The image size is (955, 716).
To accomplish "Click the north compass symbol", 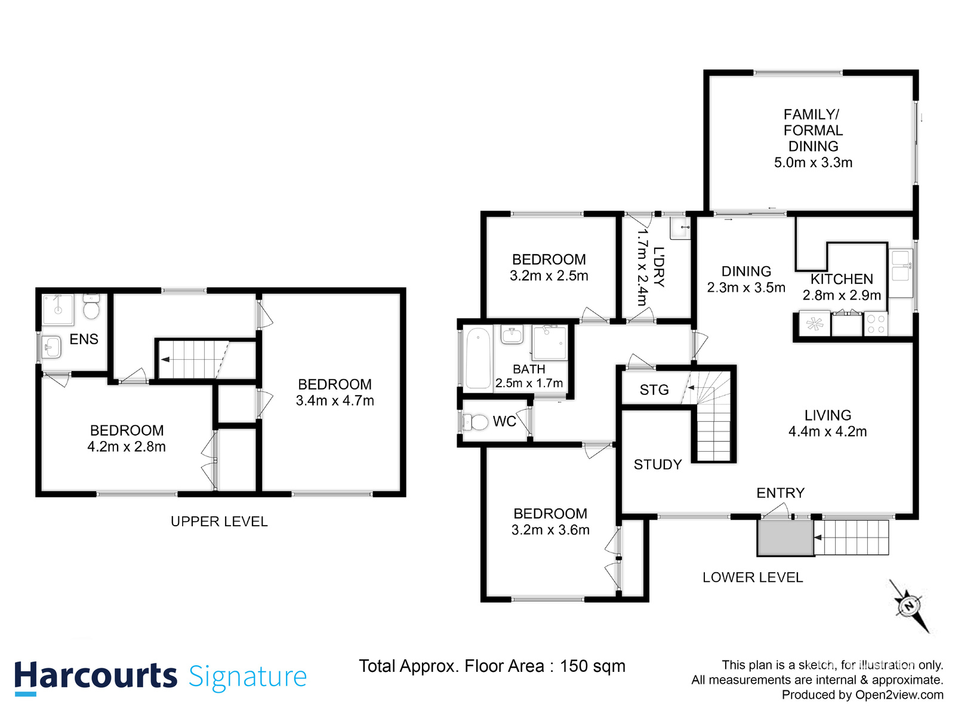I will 909,606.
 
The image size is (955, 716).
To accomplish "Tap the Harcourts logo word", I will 95,677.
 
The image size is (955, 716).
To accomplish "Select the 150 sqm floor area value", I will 592,666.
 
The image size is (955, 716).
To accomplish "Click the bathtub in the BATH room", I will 478,358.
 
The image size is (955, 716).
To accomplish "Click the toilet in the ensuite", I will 91,307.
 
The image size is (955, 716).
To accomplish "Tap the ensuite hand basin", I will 52,347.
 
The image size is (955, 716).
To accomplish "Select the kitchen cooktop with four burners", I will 875,324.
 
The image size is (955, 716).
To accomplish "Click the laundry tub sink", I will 680,227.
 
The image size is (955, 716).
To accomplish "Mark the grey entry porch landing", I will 785,538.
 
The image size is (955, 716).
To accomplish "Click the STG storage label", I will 654,390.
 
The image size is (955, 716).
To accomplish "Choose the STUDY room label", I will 657,465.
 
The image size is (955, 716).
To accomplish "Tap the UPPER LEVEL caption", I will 219,521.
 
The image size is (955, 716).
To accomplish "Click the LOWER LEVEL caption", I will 752,578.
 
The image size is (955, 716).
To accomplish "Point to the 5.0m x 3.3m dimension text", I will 813,162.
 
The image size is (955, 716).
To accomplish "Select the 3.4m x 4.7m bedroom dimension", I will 335,401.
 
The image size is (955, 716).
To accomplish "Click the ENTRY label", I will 780,493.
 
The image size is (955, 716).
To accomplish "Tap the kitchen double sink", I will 900,266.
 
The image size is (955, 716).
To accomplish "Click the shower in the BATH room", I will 549,342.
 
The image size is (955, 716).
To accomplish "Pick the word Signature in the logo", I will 248,677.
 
